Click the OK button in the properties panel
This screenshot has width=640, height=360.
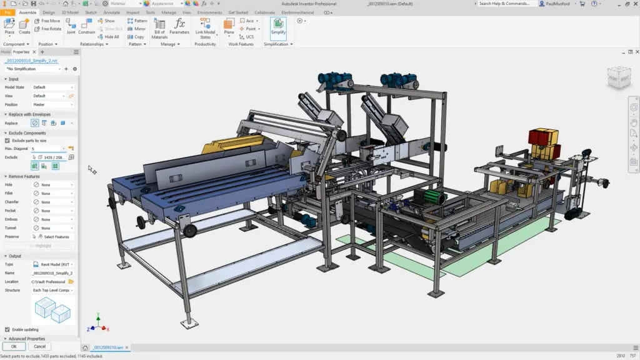[x=14, y=346]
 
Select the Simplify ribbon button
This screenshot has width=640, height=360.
[x=278, y=27]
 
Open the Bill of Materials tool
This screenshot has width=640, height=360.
[x=159, y=28]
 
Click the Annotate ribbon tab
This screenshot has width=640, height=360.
[x=112, y=12]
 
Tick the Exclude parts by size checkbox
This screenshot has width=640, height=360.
[x=7, y=141]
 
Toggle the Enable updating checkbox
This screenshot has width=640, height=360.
[x=7, y=329]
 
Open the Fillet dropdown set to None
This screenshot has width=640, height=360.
[x=54, y=194]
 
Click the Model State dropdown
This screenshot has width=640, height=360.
[x=53, y=87]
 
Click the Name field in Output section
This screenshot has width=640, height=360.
[x=53, y=273]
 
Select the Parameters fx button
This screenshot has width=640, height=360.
[x=179, y=27]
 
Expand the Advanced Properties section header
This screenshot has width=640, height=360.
[x=28, y=339]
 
